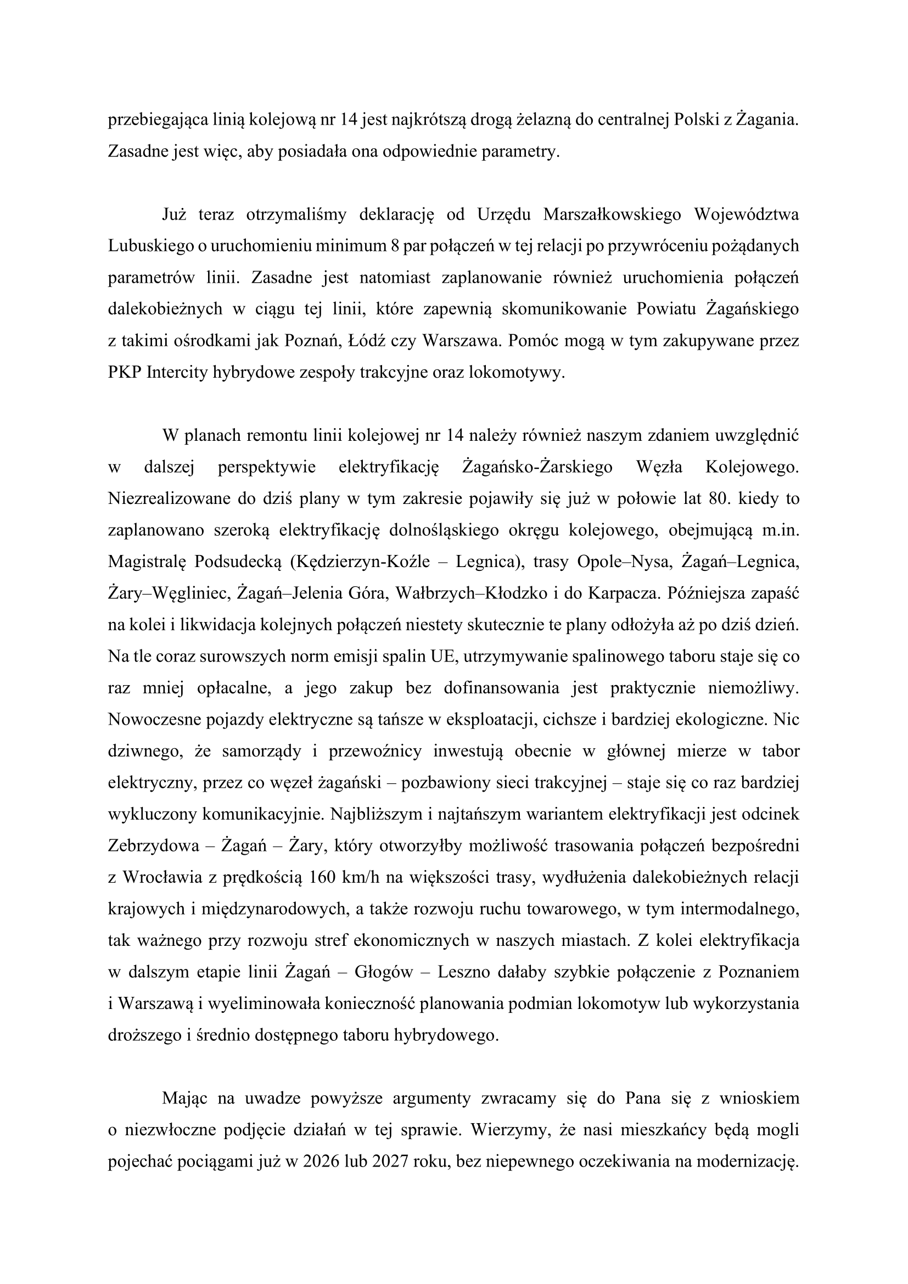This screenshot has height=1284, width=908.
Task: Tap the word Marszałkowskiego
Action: [612, 215]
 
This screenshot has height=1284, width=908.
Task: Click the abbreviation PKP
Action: [124, 372]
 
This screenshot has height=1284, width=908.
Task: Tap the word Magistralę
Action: [146, 562]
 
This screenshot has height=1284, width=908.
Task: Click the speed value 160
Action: [324, 877]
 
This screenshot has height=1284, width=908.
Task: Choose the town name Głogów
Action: [384, 972]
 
